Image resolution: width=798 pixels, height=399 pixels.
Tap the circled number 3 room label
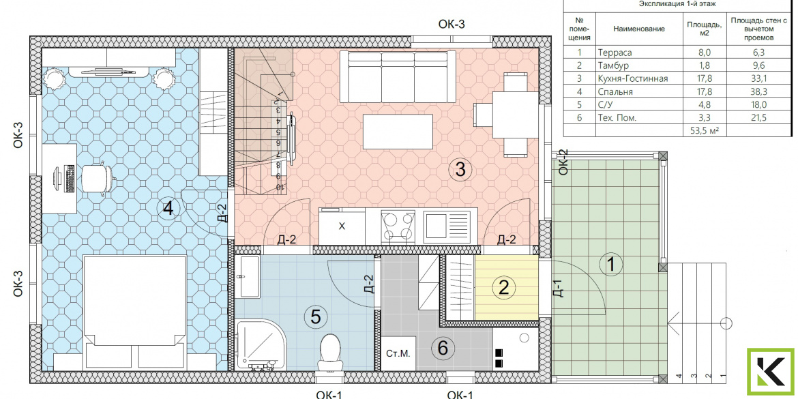460,169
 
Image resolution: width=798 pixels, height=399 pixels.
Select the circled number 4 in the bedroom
168,208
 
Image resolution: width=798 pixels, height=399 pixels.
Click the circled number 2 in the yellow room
504,289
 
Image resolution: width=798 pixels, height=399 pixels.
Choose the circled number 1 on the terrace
612,265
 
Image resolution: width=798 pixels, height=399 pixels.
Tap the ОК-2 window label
563,162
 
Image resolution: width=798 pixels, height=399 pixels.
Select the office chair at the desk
98,177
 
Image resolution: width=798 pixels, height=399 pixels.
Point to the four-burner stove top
398,226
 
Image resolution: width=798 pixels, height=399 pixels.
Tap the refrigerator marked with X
342,226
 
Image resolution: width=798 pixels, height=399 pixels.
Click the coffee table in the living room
398,132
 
